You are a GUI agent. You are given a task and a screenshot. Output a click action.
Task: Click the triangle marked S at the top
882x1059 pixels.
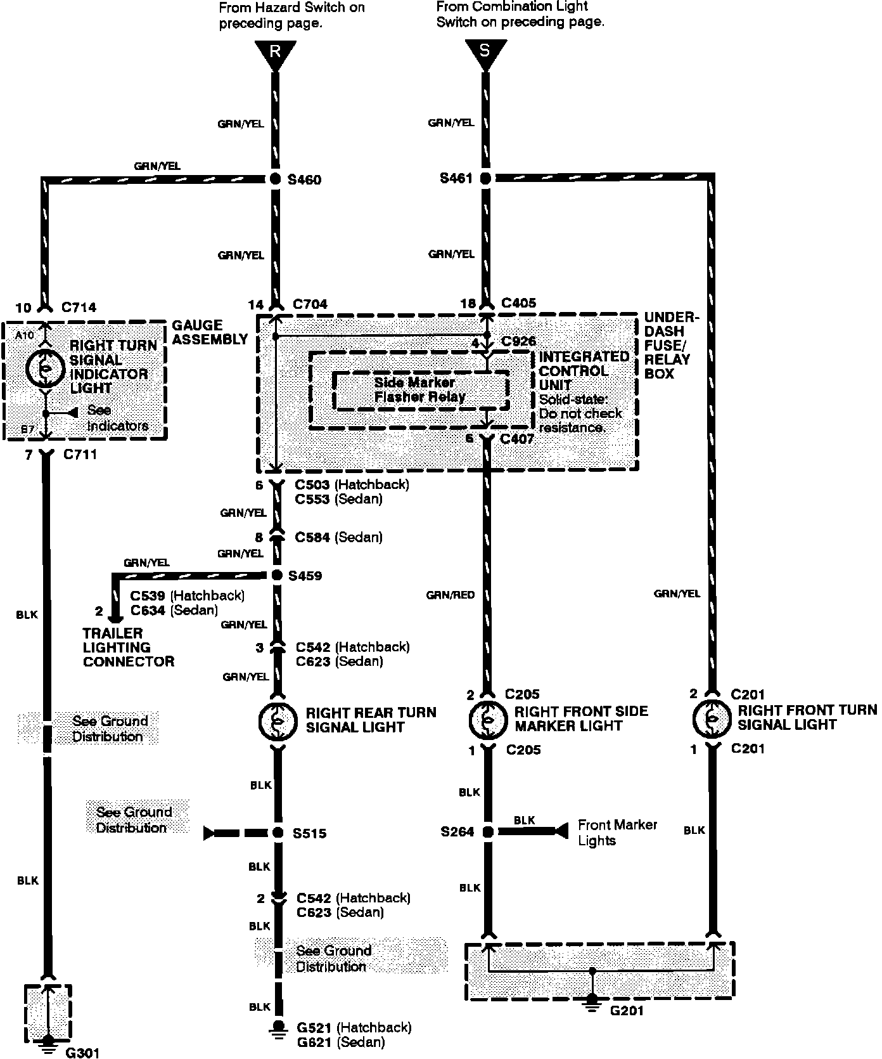tap(485, 51)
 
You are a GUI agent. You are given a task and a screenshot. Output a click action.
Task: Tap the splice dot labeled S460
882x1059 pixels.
tap(275, 179)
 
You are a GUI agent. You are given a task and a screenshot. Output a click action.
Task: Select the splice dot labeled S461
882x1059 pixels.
tap(485, 179)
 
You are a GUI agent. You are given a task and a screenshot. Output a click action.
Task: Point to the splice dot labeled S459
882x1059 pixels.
tap(276, 575)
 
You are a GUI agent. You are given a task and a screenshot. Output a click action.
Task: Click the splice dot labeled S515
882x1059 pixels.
tap(278, 833)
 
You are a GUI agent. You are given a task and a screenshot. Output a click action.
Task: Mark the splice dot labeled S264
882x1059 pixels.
tap(487, 831)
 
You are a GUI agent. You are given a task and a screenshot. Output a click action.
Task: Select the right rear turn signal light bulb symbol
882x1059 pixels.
tap(278, 720)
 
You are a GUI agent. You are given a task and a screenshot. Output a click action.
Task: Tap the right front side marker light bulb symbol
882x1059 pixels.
tap(487, 719)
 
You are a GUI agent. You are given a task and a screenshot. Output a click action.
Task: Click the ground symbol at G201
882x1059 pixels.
tap(592, 1000)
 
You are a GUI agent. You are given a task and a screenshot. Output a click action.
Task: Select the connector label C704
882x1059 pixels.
tap(310, 305)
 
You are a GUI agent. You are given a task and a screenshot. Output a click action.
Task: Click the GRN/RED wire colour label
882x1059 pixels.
tap(451, 595)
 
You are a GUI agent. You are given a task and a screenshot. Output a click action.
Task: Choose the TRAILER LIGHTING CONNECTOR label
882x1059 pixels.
tap(128, 647)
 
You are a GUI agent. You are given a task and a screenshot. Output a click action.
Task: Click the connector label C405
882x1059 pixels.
tap(518, 304)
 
